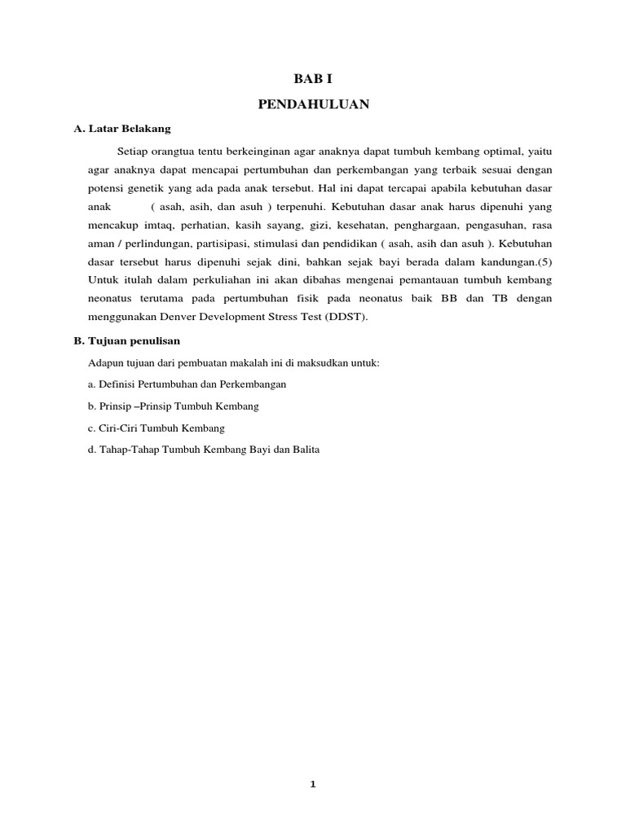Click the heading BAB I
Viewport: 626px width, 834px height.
[x=313, y=79]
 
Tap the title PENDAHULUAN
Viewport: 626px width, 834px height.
[x=313, y=103]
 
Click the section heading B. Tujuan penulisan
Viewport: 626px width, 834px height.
[x=127, y=341]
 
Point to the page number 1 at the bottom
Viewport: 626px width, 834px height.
[x=313, y=785]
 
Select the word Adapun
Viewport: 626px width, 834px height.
[x=104, y=362]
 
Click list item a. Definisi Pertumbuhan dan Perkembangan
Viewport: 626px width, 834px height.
[x=187, y=384]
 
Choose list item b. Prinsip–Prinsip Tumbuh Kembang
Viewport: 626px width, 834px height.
[x=174, y=406]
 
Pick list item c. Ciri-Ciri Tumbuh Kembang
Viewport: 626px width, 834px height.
[x=156, y=428]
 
